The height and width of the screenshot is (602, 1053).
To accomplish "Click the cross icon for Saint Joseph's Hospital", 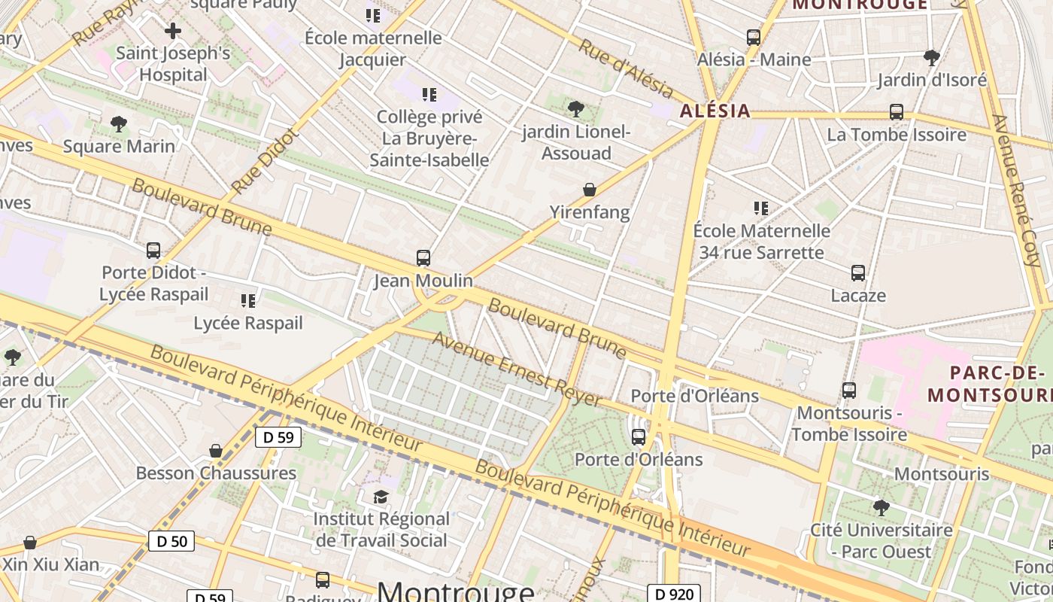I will click(173, 31).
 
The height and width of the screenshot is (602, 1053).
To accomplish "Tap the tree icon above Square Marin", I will click(118, 124).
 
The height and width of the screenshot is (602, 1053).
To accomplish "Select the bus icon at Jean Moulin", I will click(423, 258).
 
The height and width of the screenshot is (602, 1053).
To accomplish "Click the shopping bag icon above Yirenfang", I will click(590, 190).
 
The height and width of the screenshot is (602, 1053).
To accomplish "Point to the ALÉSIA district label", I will click(715, 111).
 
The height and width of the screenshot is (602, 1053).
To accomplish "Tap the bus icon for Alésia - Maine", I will click(754, 37).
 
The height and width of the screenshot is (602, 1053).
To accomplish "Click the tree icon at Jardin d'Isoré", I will click(932, 57).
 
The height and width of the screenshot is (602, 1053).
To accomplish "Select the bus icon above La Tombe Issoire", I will click(897, 112).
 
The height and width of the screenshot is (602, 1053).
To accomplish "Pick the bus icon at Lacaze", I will click(858, 273).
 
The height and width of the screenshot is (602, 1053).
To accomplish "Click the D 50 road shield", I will click(171, 540).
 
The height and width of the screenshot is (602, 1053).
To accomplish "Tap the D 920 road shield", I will click(674, 594).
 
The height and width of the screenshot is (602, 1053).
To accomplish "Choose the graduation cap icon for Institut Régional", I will click(381, 497).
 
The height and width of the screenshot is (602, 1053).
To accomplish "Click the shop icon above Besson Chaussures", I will click(216, 451).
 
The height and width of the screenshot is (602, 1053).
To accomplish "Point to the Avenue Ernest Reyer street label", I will click(517, 369).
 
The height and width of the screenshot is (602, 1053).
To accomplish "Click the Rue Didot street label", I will click(265, 161).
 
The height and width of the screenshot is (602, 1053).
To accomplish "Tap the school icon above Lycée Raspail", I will click(248, 301).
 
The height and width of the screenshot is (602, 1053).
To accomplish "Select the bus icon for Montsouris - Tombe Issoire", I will click(849, 391).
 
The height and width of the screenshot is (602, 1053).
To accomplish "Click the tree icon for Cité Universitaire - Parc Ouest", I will click(881, 508).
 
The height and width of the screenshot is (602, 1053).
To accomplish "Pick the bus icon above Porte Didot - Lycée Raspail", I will click(153, 250).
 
